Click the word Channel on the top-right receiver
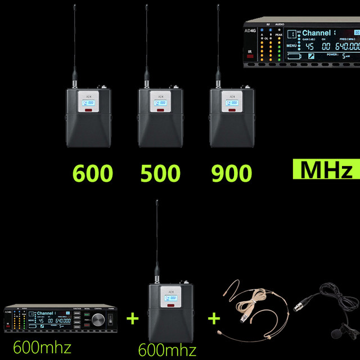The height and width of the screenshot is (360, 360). [316, 33]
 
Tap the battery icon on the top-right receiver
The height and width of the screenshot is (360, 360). [294, 57]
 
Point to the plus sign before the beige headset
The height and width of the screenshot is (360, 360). [214, 319]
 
